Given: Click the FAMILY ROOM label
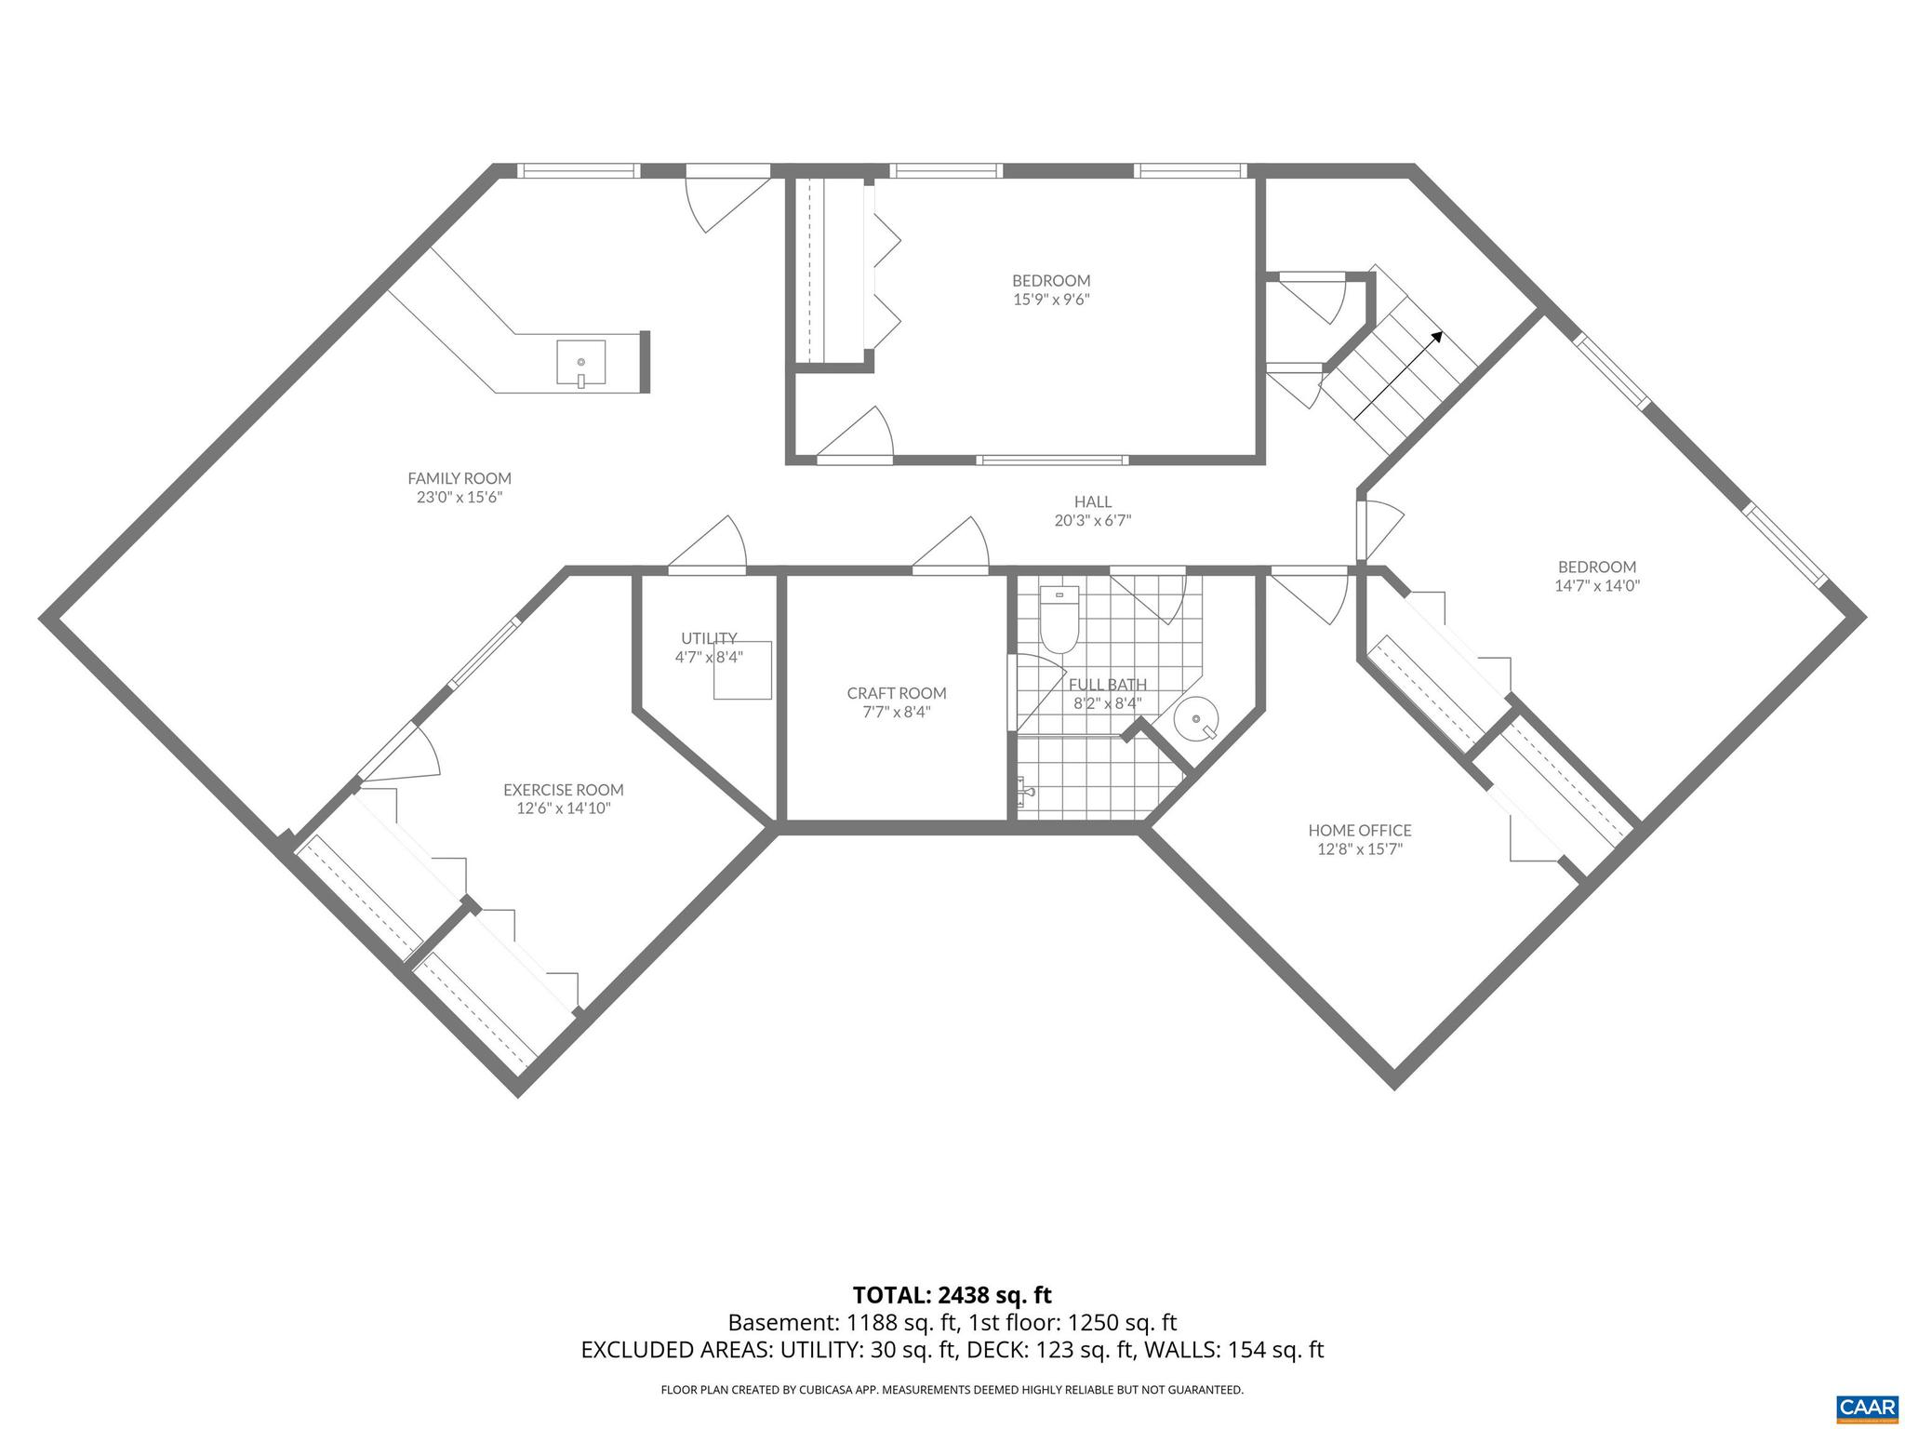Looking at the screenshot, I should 460,478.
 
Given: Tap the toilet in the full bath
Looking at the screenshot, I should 1058,621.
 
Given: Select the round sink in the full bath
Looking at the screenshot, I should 1195,718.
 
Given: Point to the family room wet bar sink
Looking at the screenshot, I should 581,362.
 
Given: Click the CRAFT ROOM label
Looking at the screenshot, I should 896,693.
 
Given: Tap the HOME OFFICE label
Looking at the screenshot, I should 1359,830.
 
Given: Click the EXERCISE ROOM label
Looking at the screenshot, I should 563,790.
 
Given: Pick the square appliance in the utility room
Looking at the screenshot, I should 742,670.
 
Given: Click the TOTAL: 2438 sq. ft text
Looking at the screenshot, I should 952,1295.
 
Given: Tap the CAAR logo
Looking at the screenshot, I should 1867,1407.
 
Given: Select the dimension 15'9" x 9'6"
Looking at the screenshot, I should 1050,300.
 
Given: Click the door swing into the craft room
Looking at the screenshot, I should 958,544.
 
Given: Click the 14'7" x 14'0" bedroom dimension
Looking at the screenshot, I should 1596,586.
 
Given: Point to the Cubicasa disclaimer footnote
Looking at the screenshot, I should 952,1390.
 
